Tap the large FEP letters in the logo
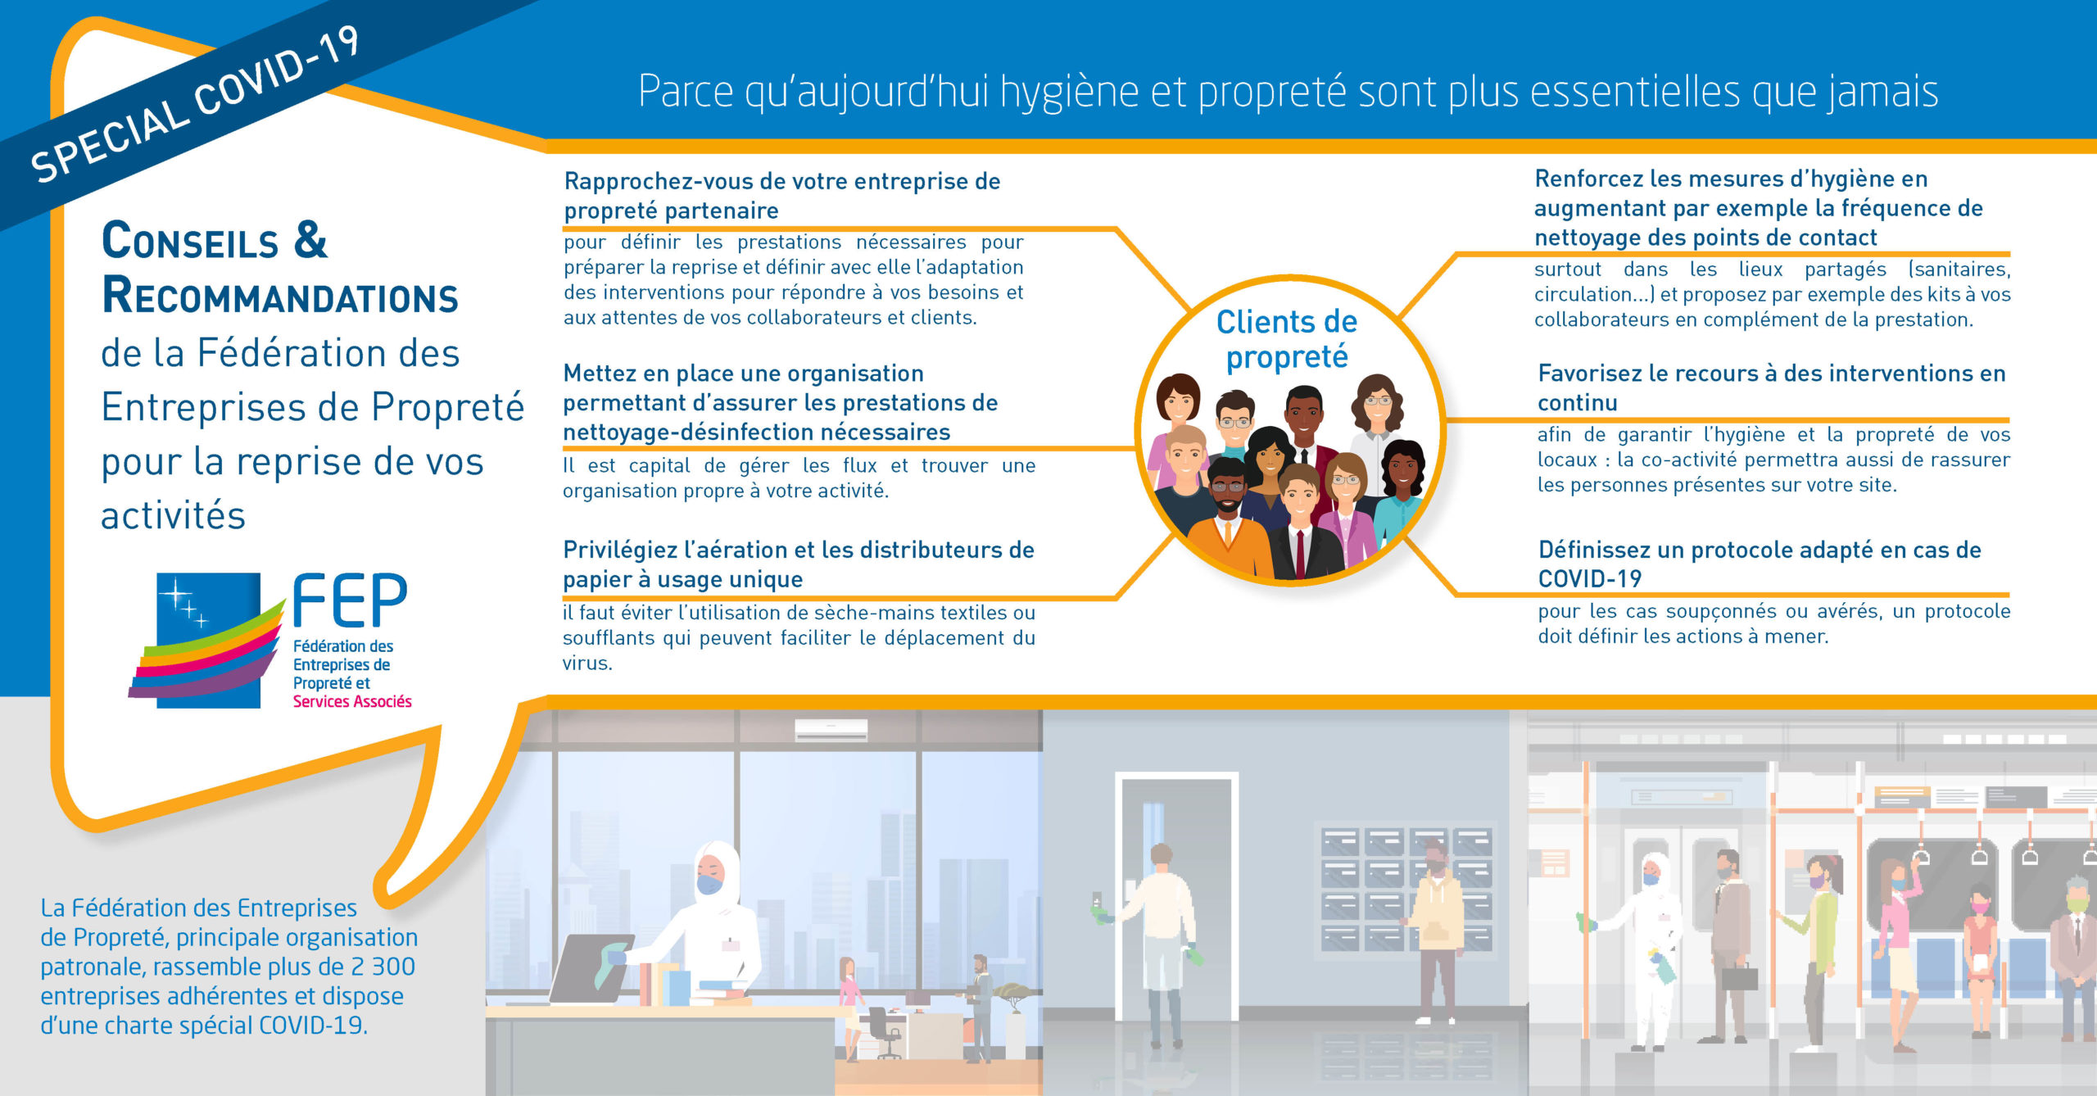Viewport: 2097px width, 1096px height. coord(350,600)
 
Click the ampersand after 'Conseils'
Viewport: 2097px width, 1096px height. coord(310,240)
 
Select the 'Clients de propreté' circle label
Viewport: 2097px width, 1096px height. coord(1286,339)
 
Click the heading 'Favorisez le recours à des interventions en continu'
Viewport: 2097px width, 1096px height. coord(1771,387)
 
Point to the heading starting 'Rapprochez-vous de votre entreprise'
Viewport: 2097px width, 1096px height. coord(781,196)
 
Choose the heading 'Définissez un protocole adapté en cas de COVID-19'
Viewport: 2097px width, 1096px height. coord(1760,564)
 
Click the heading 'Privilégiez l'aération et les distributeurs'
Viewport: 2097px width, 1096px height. coord(798,564)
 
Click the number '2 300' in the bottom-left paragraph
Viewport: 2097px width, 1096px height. coord(383,967)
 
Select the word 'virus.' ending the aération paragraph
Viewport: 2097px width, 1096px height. coord(587,663)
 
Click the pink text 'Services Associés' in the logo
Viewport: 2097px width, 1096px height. coord(352,701)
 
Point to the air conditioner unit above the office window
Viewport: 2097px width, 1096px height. coord(831,729)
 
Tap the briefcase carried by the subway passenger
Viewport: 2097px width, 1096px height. coord(1739,976)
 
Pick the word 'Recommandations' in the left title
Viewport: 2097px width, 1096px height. coord(280,296)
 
